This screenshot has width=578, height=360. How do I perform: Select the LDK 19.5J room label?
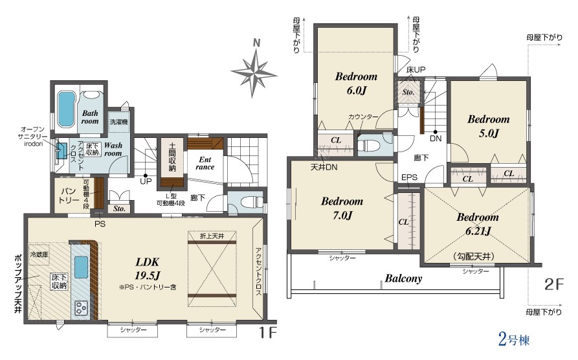[x=148, y=269]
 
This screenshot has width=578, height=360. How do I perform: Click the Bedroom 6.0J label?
[x=356, y=84]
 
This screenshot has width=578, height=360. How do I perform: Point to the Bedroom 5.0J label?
[x=489, y=126]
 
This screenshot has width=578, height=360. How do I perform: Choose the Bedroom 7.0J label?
[x=342, y=208]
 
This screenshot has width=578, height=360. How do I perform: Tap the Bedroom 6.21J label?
[x=478, y=224]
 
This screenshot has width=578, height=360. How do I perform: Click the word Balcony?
[x=403, y=278]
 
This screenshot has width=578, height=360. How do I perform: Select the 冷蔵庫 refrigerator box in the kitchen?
[x=39, y=254]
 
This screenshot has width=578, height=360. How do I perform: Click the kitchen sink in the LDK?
[x=82, y=267]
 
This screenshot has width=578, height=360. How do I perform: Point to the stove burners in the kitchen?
[x=82, y=308]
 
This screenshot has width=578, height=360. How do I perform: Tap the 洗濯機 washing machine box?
[x=118, y=122]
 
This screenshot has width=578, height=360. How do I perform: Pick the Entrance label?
[x=205, y=163]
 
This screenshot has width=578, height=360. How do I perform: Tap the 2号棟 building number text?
[x=514, y=339]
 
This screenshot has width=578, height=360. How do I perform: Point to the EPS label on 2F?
[x=409, y=177]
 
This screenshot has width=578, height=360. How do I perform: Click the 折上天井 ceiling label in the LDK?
[x=212, y=236]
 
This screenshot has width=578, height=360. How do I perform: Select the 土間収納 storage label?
[x=172, y=157]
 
